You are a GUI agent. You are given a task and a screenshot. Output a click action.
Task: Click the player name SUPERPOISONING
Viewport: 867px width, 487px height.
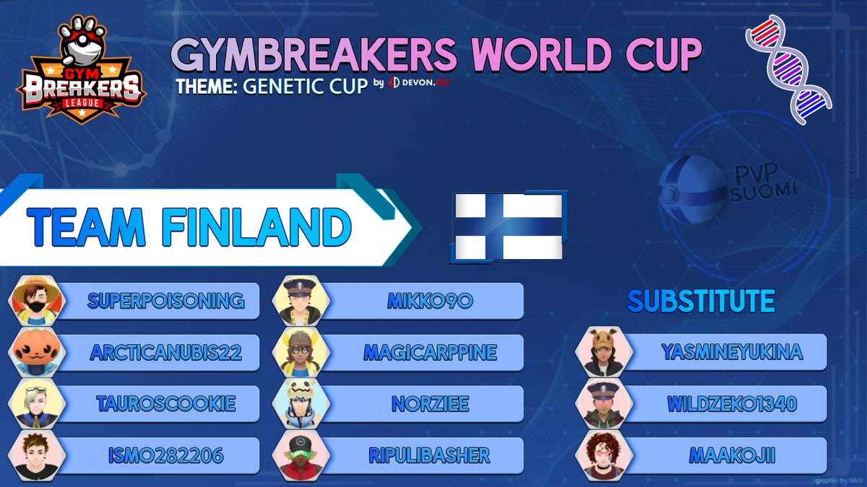[x=165, y=301]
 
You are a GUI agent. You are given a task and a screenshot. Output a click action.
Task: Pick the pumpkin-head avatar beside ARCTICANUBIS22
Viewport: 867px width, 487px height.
[x=37, y=353]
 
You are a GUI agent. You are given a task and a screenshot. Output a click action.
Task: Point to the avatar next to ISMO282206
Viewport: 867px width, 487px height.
[x=37, y=456]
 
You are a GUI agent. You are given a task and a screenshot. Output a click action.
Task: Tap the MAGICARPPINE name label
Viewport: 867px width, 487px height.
[x=430, y=353]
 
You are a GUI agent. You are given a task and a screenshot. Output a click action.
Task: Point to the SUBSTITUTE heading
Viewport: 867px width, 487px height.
[x=701, y=301]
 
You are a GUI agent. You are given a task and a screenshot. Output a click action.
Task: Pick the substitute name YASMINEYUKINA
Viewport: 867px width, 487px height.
[x=732, y=352]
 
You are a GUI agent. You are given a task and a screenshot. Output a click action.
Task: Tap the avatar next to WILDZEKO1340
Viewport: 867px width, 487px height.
[x=604, y=404]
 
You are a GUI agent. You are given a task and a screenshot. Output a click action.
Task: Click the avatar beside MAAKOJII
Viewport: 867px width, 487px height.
[x=604, y=456]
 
